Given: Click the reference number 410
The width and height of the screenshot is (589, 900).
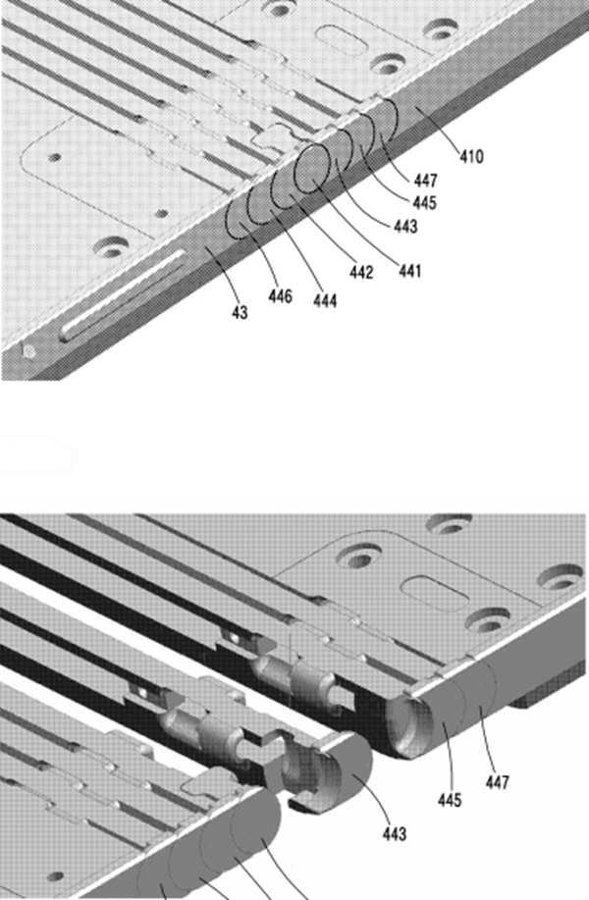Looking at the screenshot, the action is (471, 156).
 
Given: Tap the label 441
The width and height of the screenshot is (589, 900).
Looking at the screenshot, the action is (409, 270).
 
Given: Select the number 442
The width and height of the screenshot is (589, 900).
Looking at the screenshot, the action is (361, 272).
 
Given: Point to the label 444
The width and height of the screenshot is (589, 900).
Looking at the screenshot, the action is (325, 300).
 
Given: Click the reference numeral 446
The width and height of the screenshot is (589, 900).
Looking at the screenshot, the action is (280, 296).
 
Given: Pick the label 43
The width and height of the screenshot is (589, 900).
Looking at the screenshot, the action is (240, 313).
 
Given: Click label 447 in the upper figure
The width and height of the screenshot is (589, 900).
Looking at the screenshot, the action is (425, 181).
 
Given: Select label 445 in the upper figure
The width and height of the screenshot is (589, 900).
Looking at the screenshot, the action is (424, 202).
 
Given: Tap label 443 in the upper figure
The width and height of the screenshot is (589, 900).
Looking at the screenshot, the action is (405, 227).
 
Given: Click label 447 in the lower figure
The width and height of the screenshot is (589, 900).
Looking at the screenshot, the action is (497, 782).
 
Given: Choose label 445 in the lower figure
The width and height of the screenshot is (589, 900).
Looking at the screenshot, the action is (450, 800).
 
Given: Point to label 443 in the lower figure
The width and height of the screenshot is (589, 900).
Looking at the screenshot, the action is (395, 834).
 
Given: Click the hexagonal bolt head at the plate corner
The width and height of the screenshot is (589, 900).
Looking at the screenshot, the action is (29, 350).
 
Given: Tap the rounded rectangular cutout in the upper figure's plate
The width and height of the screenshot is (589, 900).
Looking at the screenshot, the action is (341, 39).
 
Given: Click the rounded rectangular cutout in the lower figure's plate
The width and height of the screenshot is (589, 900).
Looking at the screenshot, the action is (435, 594).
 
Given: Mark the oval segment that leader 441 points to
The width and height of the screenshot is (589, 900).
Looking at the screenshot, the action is (313, 168).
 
